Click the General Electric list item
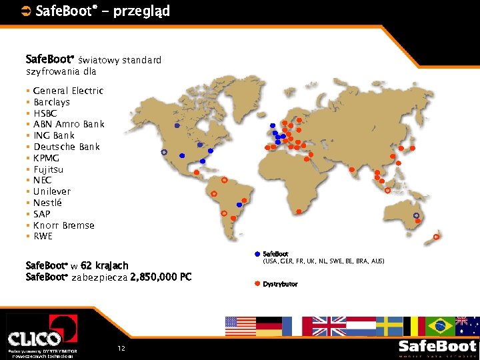point(68,91)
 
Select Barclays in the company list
point(51,102)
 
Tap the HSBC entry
point(46,113)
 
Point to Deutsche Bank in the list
point(66,147)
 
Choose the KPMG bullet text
point(46,158)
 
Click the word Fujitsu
point(48,169)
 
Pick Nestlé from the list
point(47,203)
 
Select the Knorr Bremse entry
point(63,225)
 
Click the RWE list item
point(43,236)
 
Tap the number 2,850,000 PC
point(161,277)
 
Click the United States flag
point(241,326)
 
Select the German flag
point(269,326)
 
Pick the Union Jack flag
point(329,326)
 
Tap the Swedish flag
point(389,326)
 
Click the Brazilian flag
point(440,326)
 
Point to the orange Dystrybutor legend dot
point(257,284)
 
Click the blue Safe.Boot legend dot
point(257,254)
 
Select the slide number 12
point(121,349)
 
